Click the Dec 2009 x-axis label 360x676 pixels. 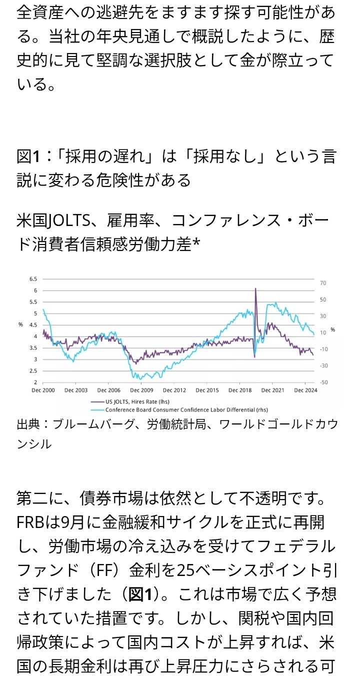point(141,389)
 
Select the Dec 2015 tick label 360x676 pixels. point(206,389)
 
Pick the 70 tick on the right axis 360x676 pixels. point(323,283)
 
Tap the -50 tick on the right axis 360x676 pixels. point(324,382)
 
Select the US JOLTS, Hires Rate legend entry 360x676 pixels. point(131,401)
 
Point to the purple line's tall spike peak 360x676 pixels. point(255,288)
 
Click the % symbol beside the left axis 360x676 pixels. point(20,324)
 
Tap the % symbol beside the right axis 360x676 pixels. point(332,329)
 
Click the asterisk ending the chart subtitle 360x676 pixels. point(196,244)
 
